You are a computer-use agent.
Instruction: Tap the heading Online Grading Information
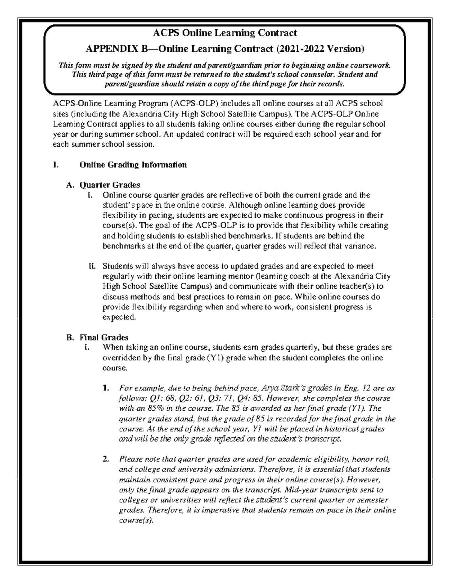[x=133, y=164]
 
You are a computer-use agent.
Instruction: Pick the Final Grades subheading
[x=104, y=337]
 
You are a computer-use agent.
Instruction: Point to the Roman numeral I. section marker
[x=56, y=164]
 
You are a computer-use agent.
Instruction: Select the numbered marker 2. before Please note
[x=106, y=459]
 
